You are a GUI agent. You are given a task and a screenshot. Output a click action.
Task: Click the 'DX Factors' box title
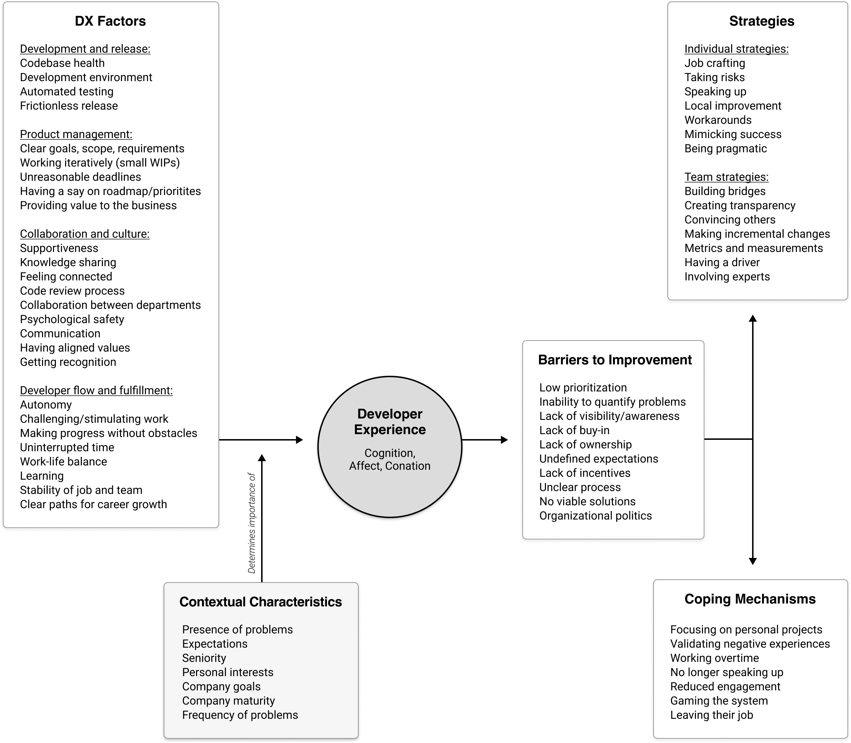click(110, 21)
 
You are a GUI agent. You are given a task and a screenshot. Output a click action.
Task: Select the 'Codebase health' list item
click(62, 63)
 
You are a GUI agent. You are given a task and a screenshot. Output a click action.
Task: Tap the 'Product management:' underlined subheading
click(76, 135)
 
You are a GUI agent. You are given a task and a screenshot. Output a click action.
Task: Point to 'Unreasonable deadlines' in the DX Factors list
click(80, 177)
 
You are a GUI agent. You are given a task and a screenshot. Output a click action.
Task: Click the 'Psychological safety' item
click(72, 319)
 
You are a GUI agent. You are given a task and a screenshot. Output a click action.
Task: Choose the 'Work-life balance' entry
click(63, 462)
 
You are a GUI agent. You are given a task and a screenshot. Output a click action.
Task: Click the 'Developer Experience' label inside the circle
click(390, 422)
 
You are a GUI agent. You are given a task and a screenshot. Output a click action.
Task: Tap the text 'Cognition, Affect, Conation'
click(390, 459)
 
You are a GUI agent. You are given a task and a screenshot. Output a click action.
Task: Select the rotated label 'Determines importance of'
click(252, 523)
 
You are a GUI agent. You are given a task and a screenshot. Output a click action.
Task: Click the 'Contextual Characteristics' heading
click(261, 602)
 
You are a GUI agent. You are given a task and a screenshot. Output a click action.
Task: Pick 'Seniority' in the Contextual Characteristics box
click(204, 658)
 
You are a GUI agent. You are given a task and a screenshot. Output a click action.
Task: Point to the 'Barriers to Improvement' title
click(615, 360)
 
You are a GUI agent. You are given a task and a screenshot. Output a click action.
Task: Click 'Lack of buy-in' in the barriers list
click(575, 430)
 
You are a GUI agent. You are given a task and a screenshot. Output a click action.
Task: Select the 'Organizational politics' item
click(596, 516)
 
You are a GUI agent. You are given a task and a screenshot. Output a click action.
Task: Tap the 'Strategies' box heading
click(761, 21)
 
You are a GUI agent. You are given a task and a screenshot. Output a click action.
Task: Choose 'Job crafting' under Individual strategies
click(715, 63)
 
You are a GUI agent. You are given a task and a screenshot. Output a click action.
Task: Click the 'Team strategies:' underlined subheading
click(726, 177)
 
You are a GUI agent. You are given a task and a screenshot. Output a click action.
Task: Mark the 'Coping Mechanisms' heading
click(750, 599)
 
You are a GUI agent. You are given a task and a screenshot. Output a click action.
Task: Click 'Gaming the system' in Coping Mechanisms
click(719, 701)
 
